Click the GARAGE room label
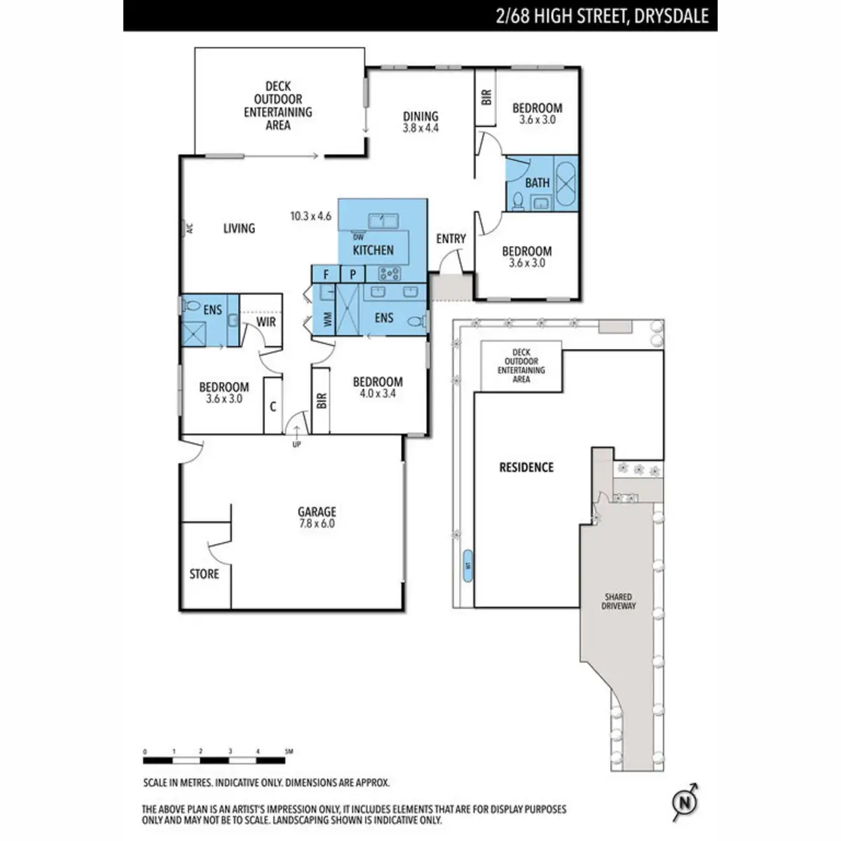tap(317, 512)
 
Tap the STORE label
tap(204, 574)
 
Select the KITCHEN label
tap(373, 250)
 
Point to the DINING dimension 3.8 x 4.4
tap(420, 129)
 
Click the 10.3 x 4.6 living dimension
tap(310, 217)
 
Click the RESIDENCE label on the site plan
tap(526, 467)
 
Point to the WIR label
tap(266, 322)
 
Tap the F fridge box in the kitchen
tap(326, 274)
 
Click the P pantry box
tap(353, 274)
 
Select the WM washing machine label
tap(327, 319)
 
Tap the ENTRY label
tap(451, 239)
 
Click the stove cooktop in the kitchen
tap(389, 273)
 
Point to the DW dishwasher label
tap(359, 237)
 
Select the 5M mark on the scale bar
tap(288, 751)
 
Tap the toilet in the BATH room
tap(518, 200)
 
